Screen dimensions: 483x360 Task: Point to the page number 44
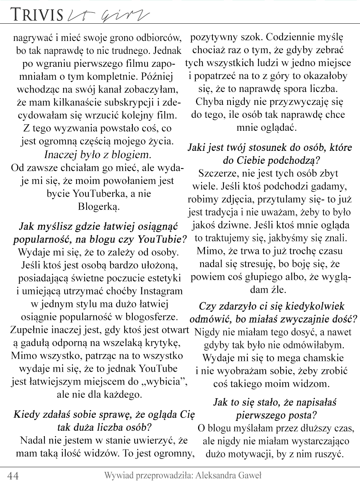(13, 476)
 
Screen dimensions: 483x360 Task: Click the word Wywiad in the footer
(118, 476)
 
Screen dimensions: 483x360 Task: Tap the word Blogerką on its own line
(98, 206)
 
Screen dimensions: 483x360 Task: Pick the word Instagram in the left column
(161, 291)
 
